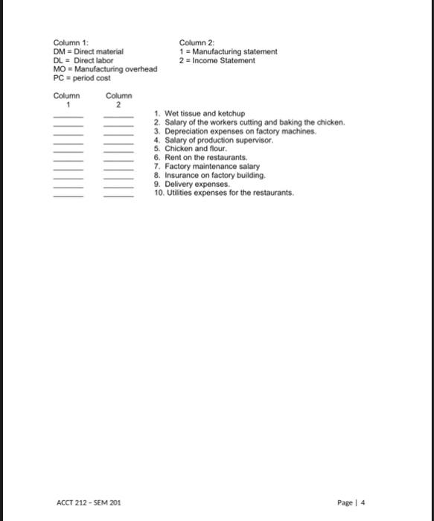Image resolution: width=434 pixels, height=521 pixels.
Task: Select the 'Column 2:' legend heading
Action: tap(197, 42)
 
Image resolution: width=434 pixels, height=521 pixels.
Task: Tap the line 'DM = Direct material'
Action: tap(89, 51)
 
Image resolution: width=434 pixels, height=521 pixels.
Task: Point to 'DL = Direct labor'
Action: tap(83, 60)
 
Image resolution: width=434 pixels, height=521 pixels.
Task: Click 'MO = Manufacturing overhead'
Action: tap(105, 69)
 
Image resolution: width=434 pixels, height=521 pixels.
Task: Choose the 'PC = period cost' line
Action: tap(81, 78)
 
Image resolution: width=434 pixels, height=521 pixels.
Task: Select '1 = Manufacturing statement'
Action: tap(228, 51)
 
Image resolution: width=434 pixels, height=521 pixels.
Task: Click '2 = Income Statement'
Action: tap(217, 60)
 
